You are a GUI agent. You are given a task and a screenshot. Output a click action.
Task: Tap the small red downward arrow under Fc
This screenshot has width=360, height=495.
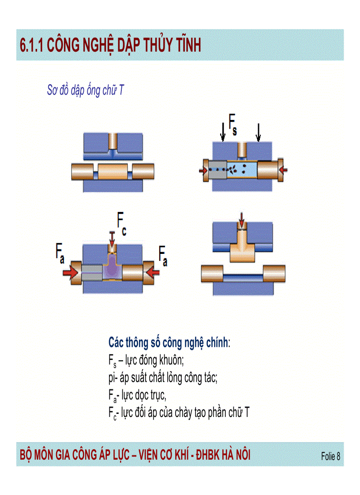point(112,241)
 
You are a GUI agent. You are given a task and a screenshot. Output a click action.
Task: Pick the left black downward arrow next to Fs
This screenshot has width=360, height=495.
point(223,131)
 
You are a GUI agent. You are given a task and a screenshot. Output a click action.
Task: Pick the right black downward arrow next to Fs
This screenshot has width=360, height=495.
point(258,131)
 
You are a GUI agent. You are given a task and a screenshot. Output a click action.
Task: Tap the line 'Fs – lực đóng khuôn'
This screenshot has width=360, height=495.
point(146,361)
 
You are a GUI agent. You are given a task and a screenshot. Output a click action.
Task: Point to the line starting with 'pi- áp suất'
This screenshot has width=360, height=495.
point(163,378)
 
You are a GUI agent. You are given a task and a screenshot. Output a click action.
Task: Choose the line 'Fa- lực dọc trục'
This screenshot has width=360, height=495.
point(137,395)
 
